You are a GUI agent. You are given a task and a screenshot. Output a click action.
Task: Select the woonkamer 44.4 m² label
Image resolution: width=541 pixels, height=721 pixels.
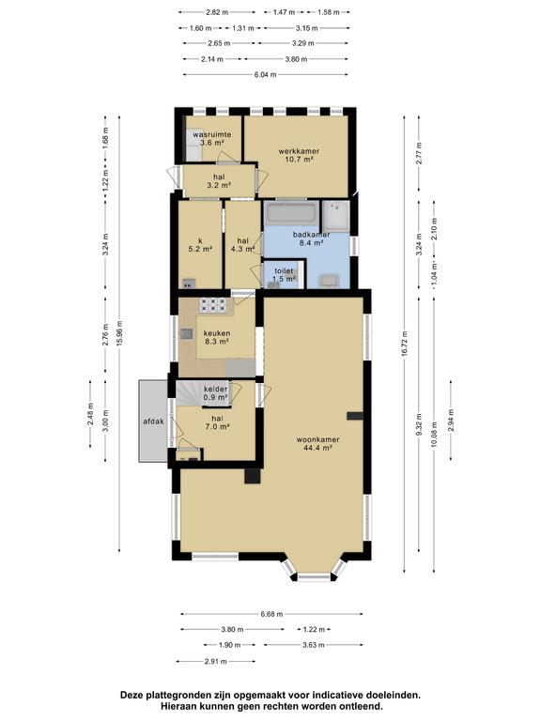[x=317, y=443]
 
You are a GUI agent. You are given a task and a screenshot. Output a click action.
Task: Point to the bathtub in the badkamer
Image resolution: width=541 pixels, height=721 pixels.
[x=291, y=212]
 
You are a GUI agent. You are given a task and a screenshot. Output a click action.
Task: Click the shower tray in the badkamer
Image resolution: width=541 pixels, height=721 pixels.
[x=335, y=216]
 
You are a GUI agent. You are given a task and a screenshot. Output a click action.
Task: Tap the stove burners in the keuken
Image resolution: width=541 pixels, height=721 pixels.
[x=212, y=305]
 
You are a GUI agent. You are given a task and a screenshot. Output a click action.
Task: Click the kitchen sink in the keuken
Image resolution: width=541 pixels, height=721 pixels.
[x=186, y=333]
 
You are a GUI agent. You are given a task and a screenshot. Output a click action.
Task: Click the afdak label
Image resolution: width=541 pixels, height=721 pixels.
[x=154, y=422]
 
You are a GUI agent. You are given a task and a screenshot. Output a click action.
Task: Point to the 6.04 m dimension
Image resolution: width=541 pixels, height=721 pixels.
[x=266, y=74]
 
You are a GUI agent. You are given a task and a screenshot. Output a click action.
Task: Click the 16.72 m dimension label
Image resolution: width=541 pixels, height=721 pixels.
[x=405, y=344]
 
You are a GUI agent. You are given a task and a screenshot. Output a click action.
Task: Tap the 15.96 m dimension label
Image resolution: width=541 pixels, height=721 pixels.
[x=119, y=332]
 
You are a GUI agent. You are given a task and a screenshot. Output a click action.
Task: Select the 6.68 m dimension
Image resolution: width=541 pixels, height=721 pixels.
[x=271, y=614]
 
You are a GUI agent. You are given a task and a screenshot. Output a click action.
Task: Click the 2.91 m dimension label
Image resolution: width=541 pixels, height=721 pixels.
[x=216, y=662]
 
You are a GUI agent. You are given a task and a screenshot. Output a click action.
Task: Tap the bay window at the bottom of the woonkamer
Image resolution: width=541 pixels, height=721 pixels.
[x=314, y=572]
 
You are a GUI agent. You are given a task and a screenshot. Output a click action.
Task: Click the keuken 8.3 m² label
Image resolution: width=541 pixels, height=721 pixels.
[x=217, y=338]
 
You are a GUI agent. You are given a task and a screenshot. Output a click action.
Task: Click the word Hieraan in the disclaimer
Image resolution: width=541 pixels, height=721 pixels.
[x=178, y=706]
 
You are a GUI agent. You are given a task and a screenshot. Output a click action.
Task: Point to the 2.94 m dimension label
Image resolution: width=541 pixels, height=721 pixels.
[x=451, y=421]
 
